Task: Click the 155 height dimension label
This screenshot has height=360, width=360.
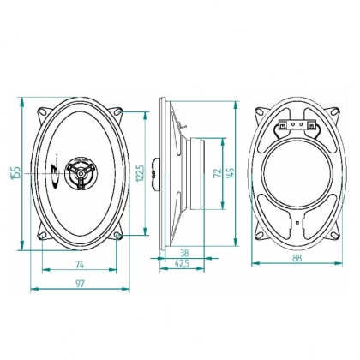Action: click(15, 173)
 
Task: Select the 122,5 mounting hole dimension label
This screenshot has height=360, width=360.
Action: click(140, 173)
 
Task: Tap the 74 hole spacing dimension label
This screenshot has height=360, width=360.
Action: click(80, 265)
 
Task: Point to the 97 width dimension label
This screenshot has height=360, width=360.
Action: click(80, 284)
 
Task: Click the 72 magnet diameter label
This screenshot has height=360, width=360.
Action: click(218, 173)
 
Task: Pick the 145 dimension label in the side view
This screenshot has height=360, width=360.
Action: click(231, 173)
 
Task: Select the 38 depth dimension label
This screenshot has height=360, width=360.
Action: click(185, 253)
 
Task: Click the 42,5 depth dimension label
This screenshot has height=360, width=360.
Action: click(182, 264)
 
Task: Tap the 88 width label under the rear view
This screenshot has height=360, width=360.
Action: click(297, 258)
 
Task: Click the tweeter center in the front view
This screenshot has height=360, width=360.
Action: click(81, 173)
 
